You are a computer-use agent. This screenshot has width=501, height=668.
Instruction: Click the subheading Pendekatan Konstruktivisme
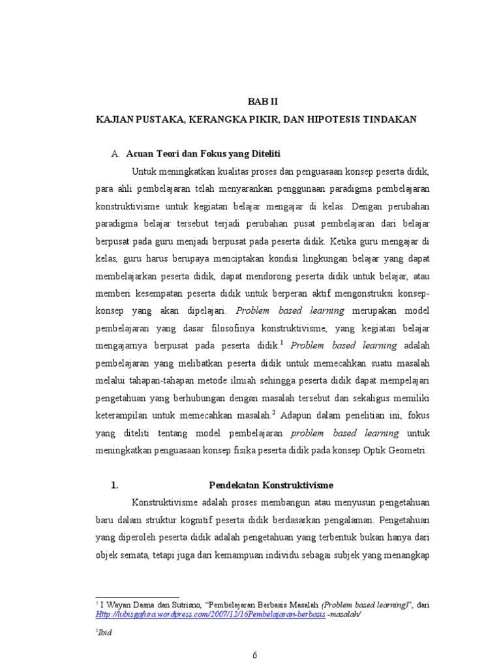pyautogui.click(x=271, y=485)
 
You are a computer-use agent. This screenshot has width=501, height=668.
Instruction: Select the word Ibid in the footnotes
pyautogui.click(x=105, y=633)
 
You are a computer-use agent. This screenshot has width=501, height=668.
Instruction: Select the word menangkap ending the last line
pyautogui.click(x=405, y=555)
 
